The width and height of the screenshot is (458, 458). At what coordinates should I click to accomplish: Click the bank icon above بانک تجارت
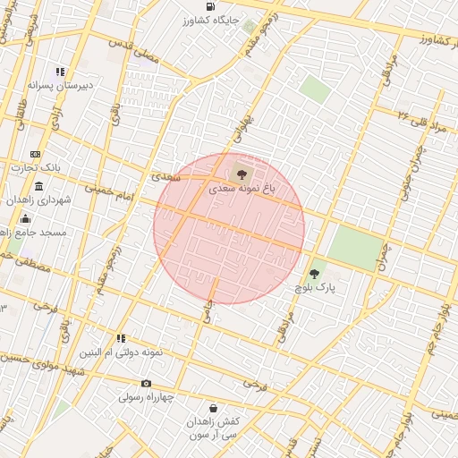click(x=35, y=154)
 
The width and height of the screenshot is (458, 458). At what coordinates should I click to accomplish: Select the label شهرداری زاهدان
click(x=41, y=200)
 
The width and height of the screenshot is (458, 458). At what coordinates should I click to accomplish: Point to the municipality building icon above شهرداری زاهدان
click(x=39, y=186)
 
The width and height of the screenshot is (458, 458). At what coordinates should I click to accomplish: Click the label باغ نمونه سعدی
click(x=242, y=190)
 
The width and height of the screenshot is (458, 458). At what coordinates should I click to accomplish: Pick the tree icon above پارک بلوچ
click(x=314, y=274)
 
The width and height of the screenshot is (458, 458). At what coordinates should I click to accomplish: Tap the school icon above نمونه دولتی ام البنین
click(x=121, y=338)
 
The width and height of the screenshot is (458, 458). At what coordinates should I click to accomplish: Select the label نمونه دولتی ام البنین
click(x=122, y=352)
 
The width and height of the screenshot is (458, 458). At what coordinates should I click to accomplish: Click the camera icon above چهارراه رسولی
click(x=147, y=383)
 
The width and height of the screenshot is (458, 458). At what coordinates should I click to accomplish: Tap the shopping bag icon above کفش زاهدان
click(x=212, y=407)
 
